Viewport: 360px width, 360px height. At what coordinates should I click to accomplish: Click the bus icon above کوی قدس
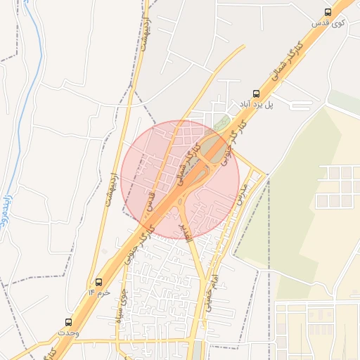tap(328, 11)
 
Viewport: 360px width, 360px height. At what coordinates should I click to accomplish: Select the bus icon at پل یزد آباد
tap(257, 92)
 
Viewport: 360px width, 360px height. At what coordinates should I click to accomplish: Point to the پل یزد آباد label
tap(256, 104)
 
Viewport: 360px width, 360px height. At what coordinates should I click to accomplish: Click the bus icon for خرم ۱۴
tap(98, 281)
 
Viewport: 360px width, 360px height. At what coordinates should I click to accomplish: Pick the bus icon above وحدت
tap(68, 319)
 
